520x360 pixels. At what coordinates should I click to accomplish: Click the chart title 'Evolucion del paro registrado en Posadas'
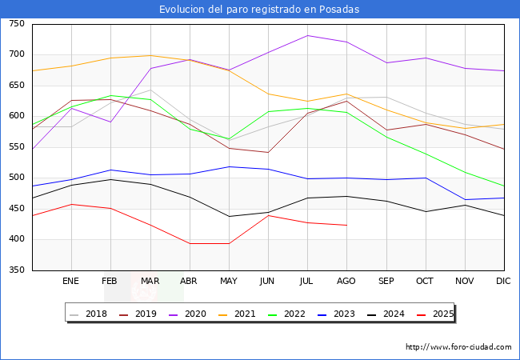pyautogui.click(x=259, y=10)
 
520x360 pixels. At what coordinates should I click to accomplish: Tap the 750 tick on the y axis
pyautogui.click(x=17, y=24)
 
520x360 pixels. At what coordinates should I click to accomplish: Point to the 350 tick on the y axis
pyautogui.click(x=17, y=270)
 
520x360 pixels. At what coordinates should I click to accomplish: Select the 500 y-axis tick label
pyautogui.click(x=17, y=178)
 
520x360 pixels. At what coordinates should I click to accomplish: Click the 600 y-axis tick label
pyautogui.click(x=17, y=116)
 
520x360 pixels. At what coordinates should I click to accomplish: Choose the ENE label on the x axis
pyautogui.click(x=70, y=281)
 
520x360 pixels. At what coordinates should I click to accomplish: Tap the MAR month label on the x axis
pyautogui.click(x=150, y=281)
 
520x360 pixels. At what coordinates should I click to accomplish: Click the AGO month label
pyautogui.click(x=346, y=281)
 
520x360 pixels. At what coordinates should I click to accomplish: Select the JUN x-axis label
pyautogui.click(x=267, y=281)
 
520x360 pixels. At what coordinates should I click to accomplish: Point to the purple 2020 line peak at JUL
pyautogui.click(x=307, y=35)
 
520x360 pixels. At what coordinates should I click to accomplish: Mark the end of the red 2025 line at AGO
pyautogui.click(x=346, y=225)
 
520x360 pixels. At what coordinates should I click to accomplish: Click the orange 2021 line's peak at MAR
pyautogui.click(x=150, y=55)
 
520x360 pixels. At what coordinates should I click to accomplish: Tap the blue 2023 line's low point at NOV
pyautogui.click(x=465, y=199)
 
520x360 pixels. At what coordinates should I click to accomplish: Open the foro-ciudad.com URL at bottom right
pyautogui.click(x=458, y=347)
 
